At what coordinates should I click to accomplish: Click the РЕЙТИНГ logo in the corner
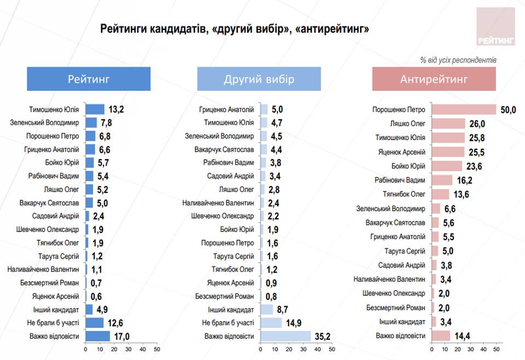pyautogui.click(x=495, y=26)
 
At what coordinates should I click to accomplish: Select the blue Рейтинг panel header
pyautogui.click(x=89, y=79)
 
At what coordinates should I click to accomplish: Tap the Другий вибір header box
pyautogui.click(x=259, y=79)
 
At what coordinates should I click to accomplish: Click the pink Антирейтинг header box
pyautogui.click(x=434, y=79)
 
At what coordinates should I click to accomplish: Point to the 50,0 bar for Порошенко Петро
pyautogui.click(x=464, y=109)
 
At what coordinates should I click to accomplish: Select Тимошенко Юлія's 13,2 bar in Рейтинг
pyautogui.click(x=95, y=109)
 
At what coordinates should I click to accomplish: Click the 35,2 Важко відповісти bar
pyautogui.click(x=286, y=336)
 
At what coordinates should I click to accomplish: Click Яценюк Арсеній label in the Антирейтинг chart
pyautogui.click(x=401, y=152)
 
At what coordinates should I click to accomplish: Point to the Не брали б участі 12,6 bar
pyautogui.click(x=94, y=323)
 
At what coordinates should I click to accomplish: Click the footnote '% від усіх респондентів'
pyautogui.click(x=458, y=60)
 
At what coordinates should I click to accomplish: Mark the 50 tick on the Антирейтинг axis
pyautogui.click(x=497, y=349)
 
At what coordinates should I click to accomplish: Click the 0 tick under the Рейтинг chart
pyautogui.click(x=85, y=349)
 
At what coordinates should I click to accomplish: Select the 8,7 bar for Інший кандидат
pyautogui.click(x=267, y=309)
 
